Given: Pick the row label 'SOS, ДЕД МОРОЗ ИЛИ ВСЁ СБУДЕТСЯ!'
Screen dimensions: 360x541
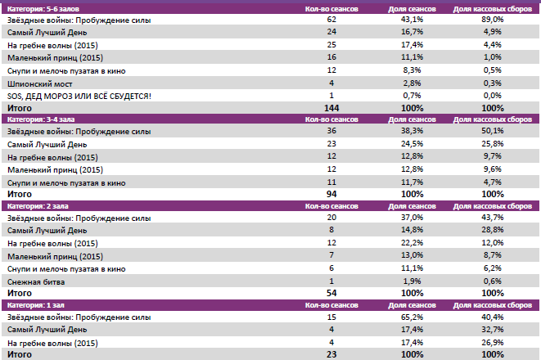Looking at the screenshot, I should point(79,96).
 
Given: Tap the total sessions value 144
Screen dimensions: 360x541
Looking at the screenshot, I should point(331,108).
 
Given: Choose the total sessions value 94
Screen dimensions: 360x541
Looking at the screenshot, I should point(331,194).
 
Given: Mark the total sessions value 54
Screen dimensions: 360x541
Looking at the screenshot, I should point(331,293).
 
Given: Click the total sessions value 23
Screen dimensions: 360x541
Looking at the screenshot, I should point(331,355).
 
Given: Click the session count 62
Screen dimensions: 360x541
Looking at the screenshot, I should point(331,19).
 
